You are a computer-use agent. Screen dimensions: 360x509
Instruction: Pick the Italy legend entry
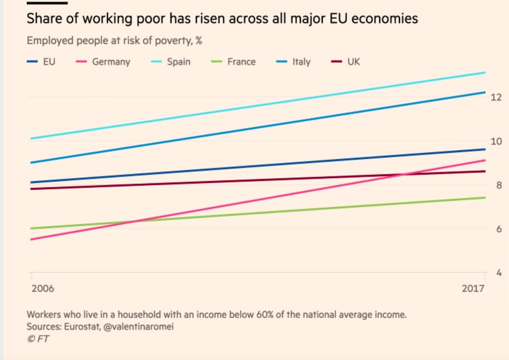pyautogui.click(x=301, y=62)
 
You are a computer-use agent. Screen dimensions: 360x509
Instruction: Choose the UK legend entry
pyautogui.click(x=353, y=62)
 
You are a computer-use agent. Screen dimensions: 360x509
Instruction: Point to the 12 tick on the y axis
pyautogui.click(x=496, y=97)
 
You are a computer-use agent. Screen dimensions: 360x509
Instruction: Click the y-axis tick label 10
pyautogui.click(x=496, y=141)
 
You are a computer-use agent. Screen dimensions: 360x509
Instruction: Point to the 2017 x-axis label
pyautogui.click(x=473, y=288)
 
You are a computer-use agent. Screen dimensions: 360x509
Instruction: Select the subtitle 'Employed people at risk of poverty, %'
pyautogui.click(x=114, y=41)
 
